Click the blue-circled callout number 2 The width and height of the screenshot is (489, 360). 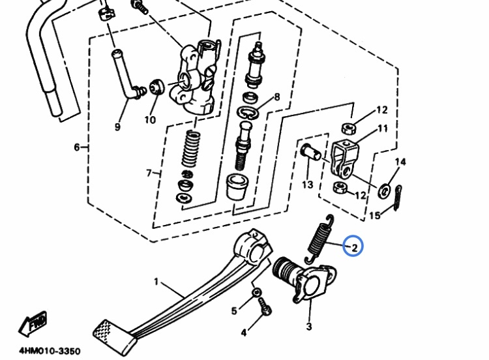[354, 248]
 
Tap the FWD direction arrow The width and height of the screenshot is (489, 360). [33, 323]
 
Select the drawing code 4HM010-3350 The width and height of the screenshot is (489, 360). [50, 351]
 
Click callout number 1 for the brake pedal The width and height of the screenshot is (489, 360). [156, 282]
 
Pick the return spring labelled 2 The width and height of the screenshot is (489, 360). [319, 238]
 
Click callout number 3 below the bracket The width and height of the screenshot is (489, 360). [309, 327]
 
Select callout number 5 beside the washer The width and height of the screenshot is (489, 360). [234, 310]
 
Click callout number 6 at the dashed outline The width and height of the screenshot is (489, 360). [77, 147]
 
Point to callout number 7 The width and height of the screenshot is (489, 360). [149, 173]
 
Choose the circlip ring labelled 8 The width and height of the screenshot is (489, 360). [248, 113]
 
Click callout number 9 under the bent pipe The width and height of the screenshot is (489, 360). [117, 127]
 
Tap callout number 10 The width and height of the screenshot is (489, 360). [150, 119]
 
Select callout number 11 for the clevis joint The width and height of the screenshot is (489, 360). [383, 128]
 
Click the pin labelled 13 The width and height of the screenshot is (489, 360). [310, 152]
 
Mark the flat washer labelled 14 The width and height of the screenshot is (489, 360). [384, 191]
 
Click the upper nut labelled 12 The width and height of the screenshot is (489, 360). [348, 128]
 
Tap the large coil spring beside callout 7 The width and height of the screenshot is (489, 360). [191, 149]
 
